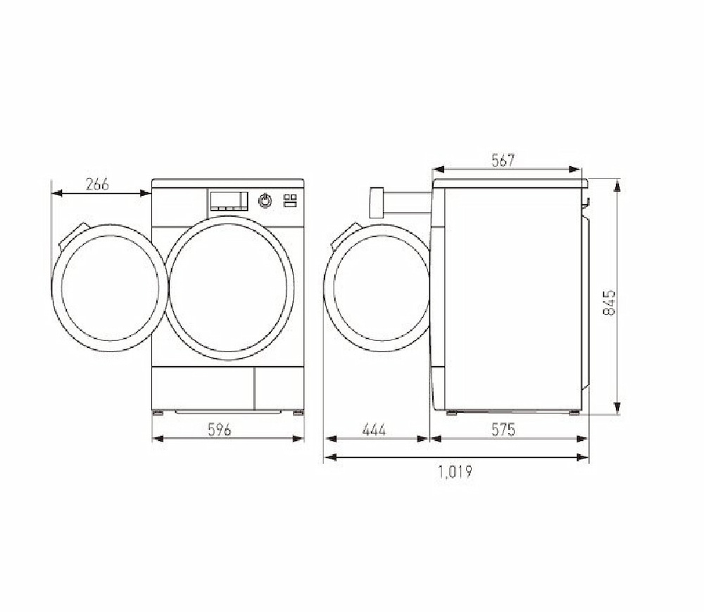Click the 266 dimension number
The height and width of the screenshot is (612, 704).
click(x=97, y=185)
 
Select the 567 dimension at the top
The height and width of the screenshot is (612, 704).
click(x=503, y=161)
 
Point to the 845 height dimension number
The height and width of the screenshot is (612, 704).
click(x=610, y=301)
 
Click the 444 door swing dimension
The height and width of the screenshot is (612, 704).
click(x=374, y=429)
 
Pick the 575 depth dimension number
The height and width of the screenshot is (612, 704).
click(x=503, y=429)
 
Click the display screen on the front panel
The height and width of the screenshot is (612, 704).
click(x=229, y=200)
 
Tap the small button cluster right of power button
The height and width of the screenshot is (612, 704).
click(x=290, y=200)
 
